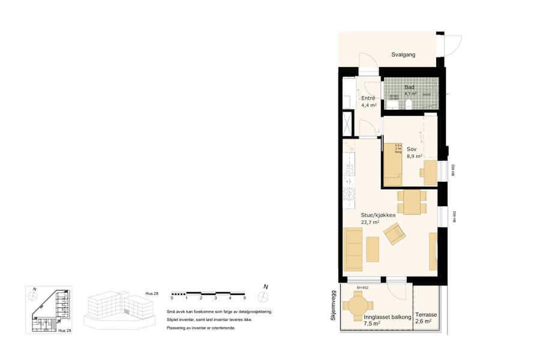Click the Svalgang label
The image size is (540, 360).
(403, 55)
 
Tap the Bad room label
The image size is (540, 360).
(409, 88)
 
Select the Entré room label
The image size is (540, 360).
(368, 98)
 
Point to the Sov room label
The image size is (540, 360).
(412, 149)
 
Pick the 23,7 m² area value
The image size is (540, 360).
(370, 223)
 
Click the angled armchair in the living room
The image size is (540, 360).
(395, 233)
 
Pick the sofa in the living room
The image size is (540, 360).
(353, 249)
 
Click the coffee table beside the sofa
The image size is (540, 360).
(373, 249)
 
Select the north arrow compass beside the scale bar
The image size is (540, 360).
(262, 296)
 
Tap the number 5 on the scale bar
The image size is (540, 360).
(244, 298)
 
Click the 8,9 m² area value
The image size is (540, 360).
(415, 156)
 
